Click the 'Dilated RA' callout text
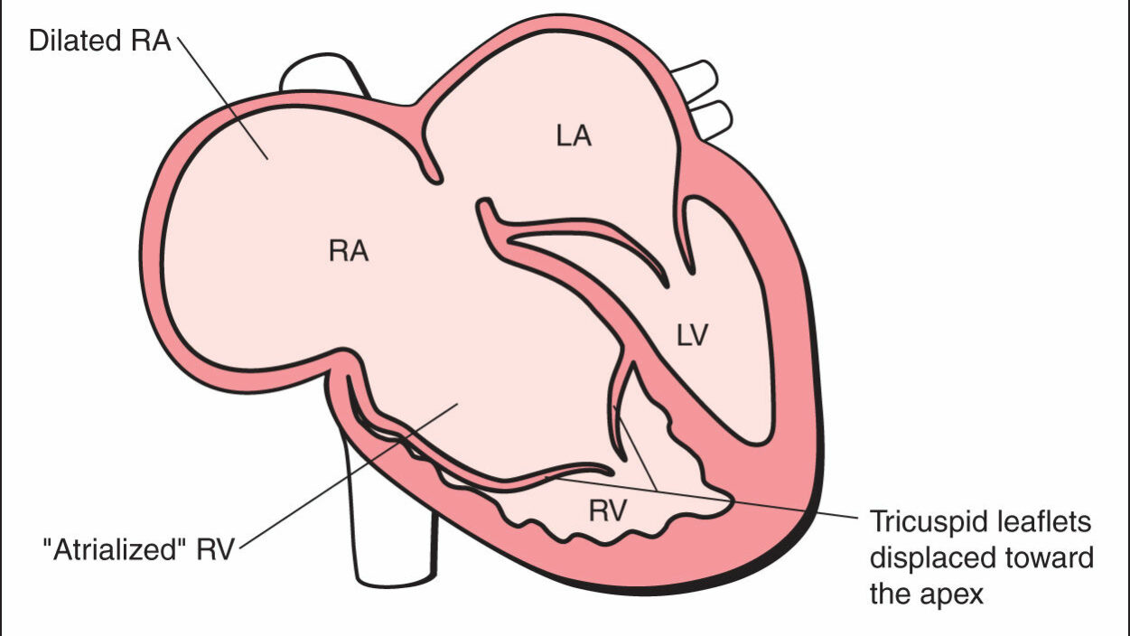coord(99,42)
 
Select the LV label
coord(693,335)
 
